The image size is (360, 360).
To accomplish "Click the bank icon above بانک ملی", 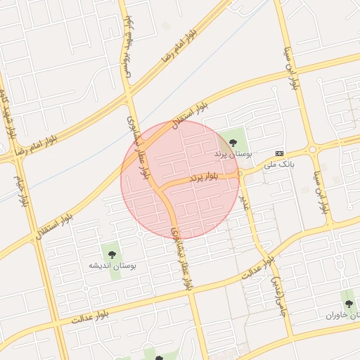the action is point(280,153).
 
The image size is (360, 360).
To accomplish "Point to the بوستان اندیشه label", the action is point(112,266).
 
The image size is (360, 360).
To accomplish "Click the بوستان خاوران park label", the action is point(342,316).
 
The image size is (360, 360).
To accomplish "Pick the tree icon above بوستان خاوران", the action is point(349,304).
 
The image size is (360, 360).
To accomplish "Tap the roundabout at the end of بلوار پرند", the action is point(240,172).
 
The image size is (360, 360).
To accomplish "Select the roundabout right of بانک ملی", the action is point(312,149).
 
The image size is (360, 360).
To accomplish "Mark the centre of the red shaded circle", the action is point(181,179).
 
